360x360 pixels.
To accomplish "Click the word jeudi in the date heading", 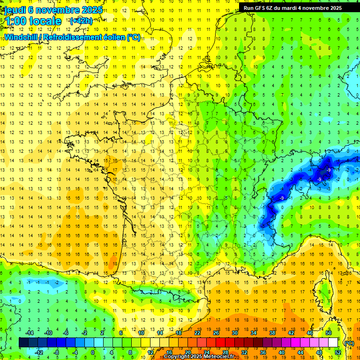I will click(14, 10).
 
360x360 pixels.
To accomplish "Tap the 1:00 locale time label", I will click(33, 21).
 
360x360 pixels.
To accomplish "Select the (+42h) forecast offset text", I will click(81, 21).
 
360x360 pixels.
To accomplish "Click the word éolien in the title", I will click(116, 37).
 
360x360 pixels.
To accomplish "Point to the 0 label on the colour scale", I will click(92, 352).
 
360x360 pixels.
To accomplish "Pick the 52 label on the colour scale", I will click(338, 352).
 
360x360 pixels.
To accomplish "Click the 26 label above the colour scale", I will click(216, 333).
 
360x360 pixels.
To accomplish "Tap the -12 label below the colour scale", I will click(39, 352).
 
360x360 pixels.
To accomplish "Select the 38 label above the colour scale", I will click(272, 333).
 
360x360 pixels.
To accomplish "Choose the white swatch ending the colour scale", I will click(333, 343).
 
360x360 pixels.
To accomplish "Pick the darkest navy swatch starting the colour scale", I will click(23, 343).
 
